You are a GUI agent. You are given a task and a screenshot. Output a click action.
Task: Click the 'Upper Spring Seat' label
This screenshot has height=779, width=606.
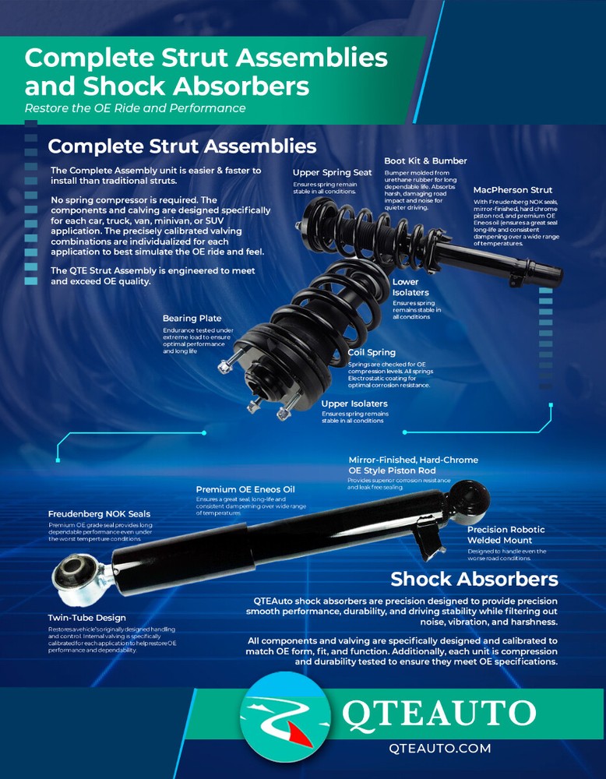(x=332, y=172)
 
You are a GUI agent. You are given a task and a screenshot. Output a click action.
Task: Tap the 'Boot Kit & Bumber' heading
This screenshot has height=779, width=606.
(x=425, y=161)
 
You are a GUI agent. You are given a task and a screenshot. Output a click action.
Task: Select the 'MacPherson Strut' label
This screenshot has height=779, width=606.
(x=513, y=190)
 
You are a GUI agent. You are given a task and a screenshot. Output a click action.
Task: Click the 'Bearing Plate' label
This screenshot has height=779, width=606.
(x=192, y=319)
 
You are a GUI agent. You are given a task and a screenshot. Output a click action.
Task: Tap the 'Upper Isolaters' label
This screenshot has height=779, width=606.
(x=354, y=404)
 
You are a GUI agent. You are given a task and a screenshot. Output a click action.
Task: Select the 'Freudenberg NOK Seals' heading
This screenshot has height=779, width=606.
(x=99, y=514)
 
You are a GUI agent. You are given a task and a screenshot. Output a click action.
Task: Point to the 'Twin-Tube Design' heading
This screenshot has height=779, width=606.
(x=86, y=618)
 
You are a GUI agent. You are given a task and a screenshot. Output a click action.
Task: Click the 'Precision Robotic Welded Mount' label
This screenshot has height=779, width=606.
(x=506, y=535)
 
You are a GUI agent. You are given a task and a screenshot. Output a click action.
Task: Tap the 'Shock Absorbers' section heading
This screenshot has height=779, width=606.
(x=474, y=579)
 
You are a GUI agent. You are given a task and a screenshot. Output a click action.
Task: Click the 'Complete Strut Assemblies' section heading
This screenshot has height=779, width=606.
(x=181, y=146)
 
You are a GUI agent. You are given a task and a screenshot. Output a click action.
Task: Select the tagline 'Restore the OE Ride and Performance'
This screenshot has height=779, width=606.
(x=135, y=108)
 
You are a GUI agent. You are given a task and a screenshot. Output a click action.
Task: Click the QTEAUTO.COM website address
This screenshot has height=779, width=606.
(x=439, y=749)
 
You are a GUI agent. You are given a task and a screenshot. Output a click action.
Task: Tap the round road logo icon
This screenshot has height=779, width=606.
(x=284, y=715)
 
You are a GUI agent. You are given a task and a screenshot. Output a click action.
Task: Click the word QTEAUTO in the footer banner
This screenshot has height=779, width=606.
(x=439, y=714)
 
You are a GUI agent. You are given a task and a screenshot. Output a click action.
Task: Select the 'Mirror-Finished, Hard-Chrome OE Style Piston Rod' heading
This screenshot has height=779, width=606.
(x=413, y=465)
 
